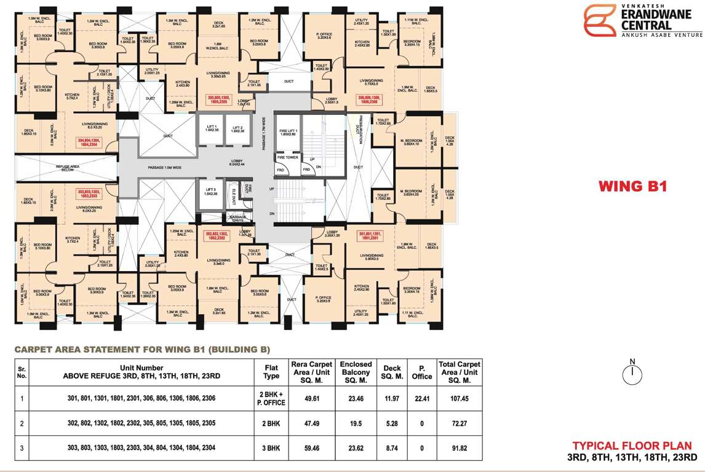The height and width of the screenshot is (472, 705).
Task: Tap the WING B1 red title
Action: pos(633,186)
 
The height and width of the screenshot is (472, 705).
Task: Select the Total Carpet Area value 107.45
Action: pos(460,398)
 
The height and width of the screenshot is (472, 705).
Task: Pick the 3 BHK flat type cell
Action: pos(271,449)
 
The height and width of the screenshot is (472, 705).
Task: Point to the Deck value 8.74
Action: pos(392,449)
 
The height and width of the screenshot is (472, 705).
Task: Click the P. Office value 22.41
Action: pos(422,398)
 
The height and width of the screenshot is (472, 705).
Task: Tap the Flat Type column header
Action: pos(271,372)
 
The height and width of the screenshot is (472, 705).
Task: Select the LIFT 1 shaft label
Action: pos(212,128)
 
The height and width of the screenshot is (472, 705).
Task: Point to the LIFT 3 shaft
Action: pos(210,191)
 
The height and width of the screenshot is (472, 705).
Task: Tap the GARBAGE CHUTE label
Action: pos(237,218)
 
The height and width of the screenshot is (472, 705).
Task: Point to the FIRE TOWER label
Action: pos(288,157)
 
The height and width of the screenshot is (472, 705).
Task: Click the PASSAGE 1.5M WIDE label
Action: pos(165,167)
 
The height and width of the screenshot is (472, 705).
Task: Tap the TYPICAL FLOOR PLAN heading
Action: pos(632,446)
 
